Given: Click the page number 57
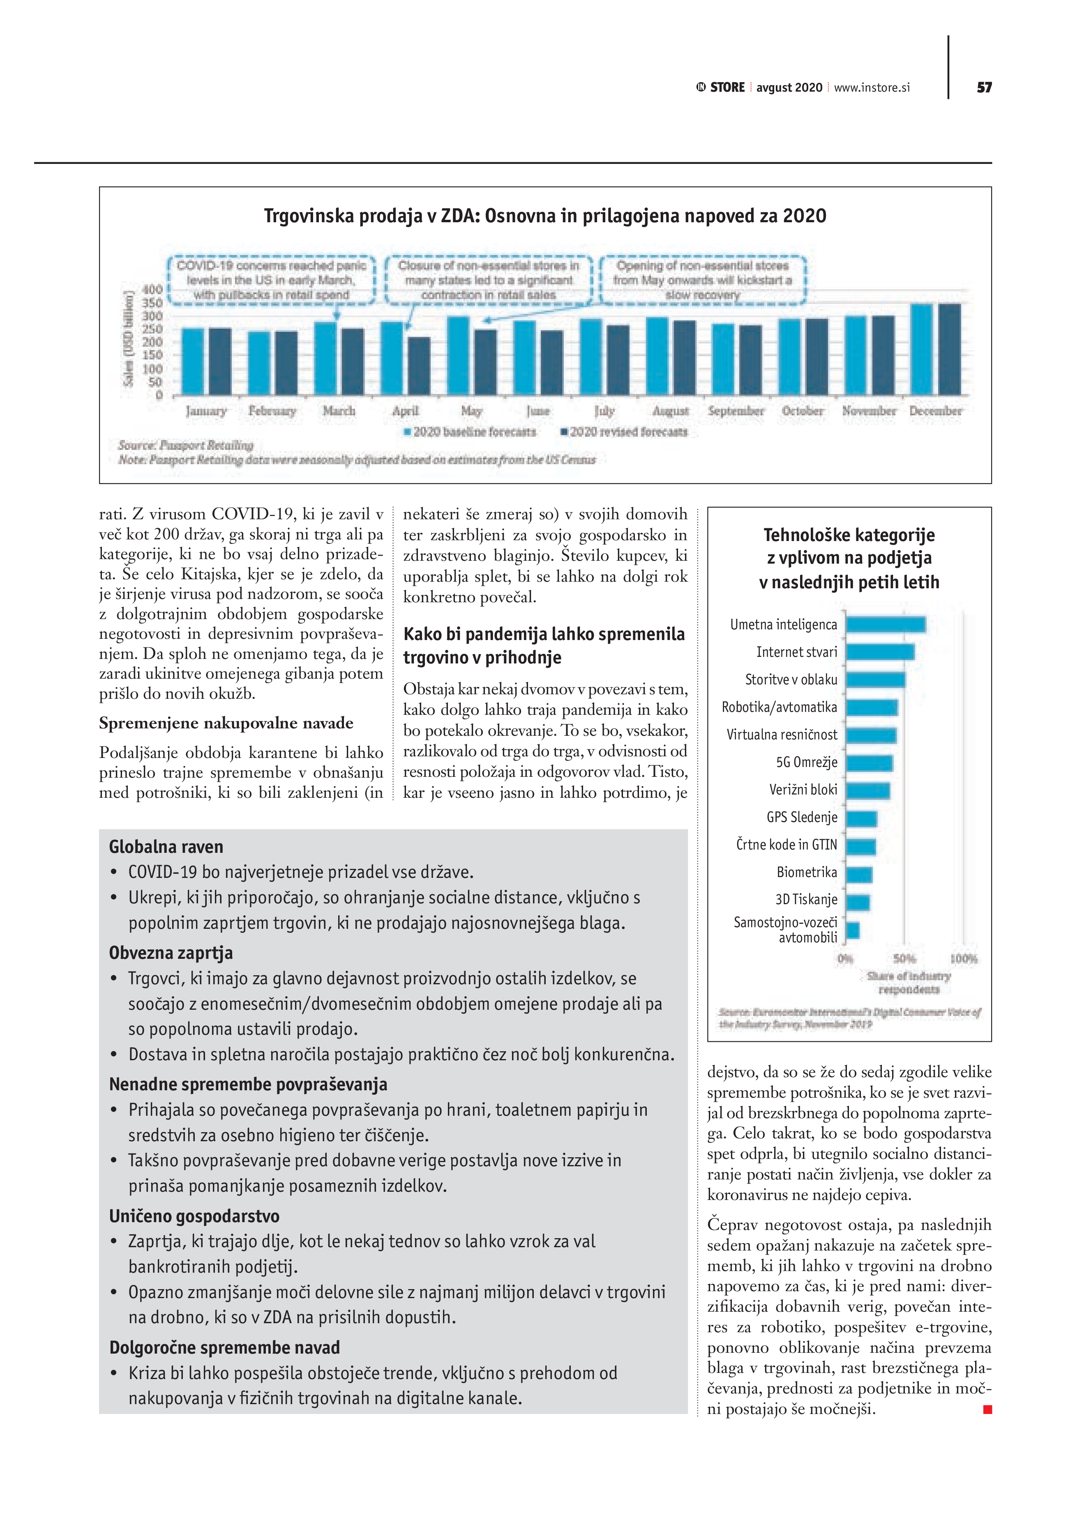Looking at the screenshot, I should tap(984, 88).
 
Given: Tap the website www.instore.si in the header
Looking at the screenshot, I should tap(872, 88).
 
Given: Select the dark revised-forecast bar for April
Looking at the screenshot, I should tap(418, 366).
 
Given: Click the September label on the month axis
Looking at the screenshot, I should tap(736, 411).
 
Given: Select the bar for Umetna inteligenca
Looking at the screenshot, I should tap(885, 624).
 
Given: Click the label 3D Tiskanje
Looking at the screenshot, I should tap(806, 899).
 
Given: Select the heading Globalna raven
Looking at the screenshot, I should tap(166, 847).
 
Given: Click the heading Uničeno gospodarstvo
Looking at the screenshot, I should tap(194, 1216).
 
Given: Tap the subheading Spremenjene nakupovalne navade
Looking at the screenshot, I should tap(226, 723).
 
